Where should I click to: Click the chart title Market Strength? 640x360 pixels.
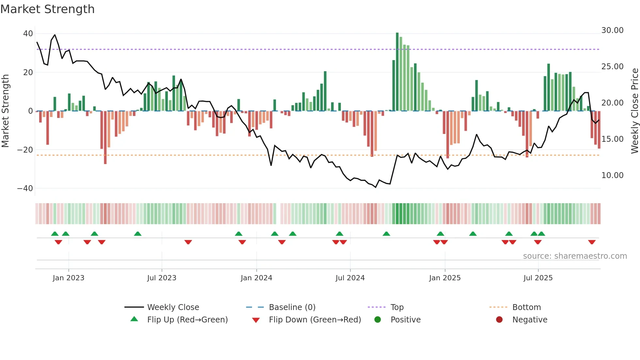(47, 9)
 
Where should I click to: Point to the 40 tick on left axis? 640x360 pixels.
(28, 34)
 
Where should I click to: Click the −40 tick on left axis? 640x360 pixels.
(25, 188)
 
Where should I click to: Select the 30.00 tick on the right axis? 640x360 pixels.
(612, 30)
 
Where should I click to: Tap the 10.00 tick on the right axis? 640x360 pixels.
(612, 175)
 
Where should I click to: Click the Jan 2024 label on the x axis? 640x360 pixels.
(256, 278)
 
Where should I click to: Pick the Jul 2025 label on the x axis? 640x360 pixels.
(538, 278)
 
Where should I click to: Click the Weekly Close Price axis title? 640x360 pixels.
(634, 111)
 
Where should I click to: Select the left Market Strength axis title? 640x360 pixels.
(6, 111)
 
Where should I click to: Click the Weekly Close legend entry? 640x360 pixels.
(173, 307)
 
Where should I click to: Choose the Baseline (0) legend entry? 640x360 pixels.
(292, 307)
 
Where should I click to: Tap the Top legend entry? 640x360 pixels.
(397, 307)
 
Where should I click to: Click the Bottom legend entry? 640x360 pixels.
(526, 307)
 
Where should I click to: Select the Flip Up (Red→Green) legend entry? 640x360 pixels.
(187, 320)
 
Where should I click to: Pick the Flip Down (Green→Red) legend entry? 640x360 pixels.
(315, 320)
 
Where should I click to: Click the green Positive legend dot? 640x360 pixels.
(377, 320)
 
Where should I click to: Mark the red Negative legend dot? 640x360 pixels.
(499, 320)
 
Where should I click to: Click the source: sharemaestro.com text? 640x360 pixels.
(575, 256)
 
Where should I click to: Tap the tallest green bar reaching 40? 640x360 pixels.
(397, 72)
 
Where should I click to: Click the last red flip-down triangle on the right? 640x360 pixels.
(592, 242)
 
